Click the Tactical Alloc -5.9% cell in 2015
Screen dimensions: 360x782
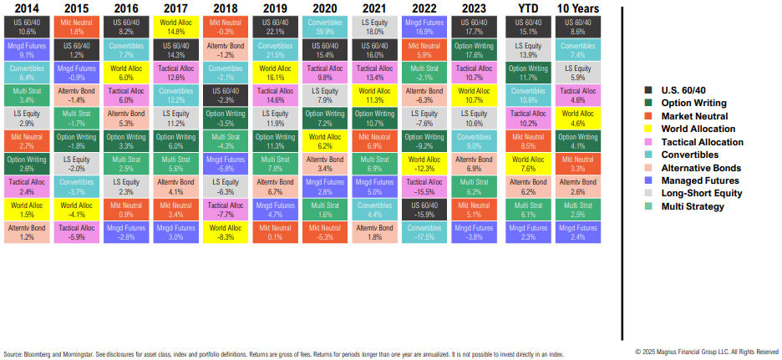[75, 231]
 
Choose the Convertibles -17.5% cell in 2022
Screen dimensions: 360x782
[424, 231]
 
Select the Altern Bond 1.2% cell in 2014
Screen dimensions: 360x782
[26, 231]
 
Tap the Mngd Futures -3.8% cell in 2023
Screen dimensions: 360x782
[473, 231]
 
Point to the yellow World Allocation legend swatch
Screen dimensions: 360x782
[650, 129]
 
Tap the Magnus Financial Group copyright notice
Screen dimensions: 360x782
[707, 352]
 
